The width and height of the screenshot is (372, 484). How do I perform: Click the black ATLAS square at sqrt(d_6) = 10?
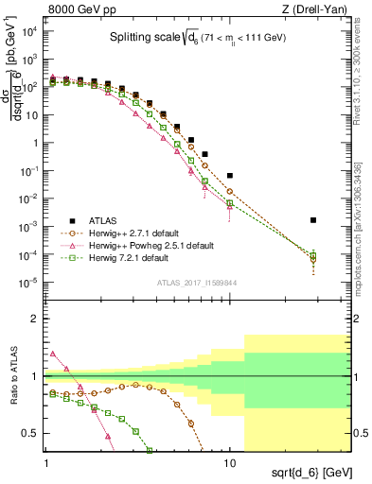(230, 176)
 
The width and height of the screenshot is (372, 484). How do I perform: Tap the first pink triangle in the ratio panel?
(53, 354)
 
